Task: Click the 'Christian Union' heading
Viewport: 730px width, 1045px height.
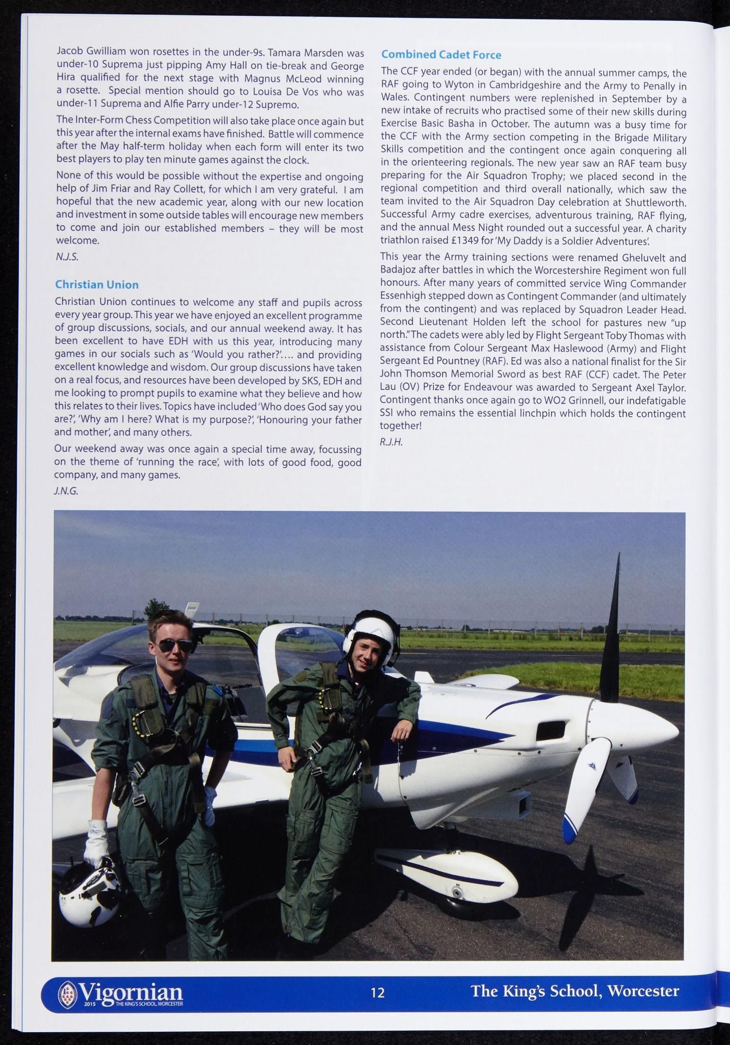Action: pyautogui.click(x=97, y=284)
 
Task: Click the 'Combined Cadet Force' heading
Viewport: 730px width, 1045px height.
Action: pyautogui.click(x=441, y=55)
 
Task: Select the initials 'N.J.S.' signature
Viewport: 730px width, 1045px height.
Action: pyautogui.click(x=67, y=257)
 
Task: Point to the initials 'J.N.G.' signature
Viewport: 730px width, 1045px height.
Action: pyautogui.click(x=67, y=491)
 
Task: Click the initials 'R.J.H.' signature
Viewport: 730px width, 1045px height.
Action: pyautogui.click(x=392, y=442)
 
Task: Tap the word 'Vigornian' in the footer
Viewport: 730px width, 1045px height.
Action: pyautogui.click(x=131, y=991)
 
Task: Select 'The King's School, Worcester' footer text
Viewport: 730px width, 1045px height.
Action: pyautogui.click(x=575, y=991)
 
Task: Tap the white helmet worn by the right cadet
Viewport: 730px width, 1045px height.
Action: pyautogui.click(x=369, y=632)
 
